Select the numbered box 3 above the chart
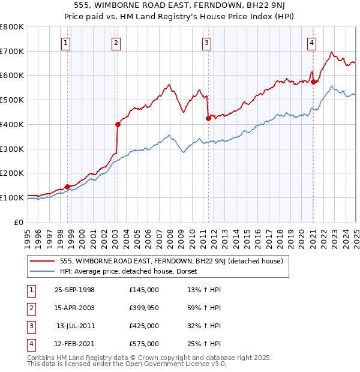pos(206,43)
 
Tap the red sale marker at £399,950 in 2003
pos(118,124)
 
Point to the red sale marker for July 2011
pos(208,118)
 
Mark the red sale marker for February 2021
pos(313,82)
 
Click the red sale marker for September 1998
pos(68,187)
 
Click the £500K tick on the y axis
pos(12,100)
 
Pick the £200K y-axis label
pos(12,173)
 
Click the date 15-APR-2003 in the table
pos(74,308)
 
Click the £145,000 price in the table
pos(143,290)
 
